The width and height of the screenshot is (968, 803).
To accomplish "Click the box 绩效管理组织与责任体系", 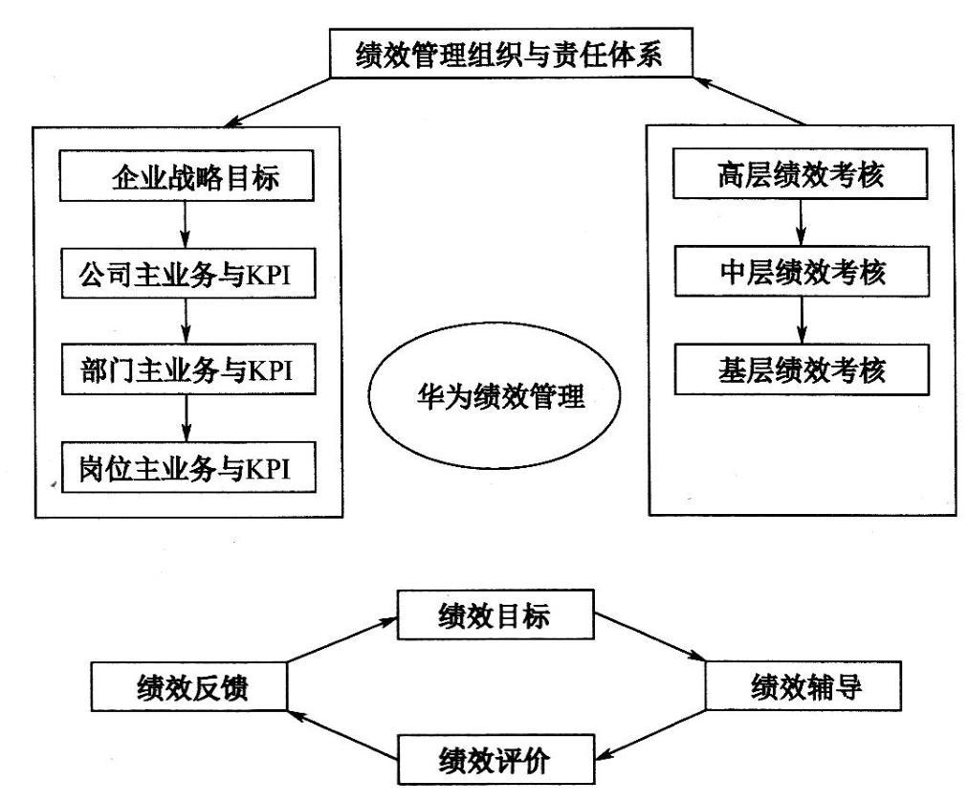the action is coord(511,54).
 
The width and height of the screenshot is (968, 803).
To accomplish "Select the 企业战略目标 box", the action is coord(187,176).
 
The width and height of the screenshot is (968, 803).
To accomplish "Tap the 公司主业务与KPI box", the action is coord(188,274).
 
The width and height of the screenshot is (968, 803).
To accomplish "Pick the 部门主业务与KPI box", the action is coord(188,369).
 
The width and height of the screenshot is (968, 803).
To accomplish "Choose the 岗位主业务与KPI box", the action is coord(188,467).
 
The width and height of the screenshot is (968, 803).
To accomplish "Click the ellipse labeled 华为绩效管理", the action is coord(494,395).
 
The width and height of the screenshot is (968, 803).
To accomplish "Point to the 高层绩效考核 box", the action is coord(800,173).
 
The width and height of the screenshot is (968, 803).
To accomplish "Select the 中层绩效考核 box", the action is coord(802,271).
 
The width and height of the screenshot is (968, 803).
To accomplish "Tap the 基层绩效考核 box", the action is coord(802,369).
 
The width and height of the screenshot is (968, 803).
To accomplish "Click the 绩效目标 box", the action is coord(495,614).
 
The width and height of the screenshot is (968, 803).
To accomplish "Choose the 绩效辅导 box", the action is coord(803,685).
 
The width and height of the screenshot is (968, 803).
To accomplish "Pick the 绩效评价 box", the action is coord(496,759).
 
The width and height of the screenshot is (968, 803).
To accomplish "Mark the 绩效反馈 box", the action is coord(188,687).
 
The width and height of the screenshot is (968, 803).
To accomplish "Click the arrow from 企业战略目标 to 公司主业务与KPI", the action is coord(186,225).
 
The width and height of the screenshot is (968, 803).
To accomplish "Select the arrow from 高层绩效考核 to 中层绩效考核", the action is coord(801,222).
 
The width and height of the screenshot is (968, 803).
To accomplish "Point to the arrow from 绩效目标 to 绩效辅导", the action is coord(650,636).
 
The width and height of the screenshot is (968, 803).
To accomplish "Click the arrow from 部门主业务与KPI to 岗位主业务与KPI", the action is coord(187,418).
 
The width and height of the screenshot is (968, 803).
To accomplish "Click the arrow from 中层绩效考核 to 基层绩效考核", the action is coord(802,321).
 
